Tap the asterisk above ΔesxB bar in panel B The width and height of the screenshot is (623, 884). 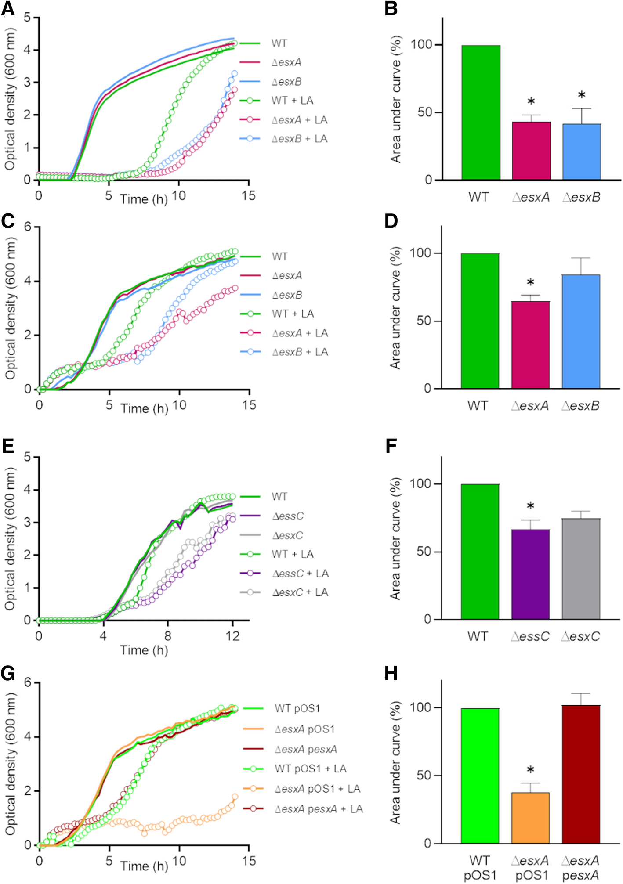tap(582, 95)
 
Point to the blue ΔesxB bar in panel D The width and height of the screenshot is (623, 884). tap(581, 332)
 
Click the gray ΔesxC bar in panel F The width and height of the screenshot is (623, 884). tap(581, 569)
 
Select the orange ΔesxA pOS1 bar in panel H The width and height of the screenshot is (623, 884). tap(530, 818)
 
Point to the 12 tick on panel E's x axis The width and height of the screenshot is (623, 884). tap(232, 636)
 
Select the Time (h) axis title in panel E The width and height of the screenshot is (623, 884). tap(144, 650)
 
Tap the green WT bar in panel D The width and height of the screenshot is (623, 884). tap(480, 321)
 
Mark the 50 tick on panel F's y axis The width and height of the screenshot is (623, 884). tap(424, 552)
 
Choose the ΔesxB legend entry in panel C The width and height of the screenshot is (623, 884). tap(287, 295)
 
